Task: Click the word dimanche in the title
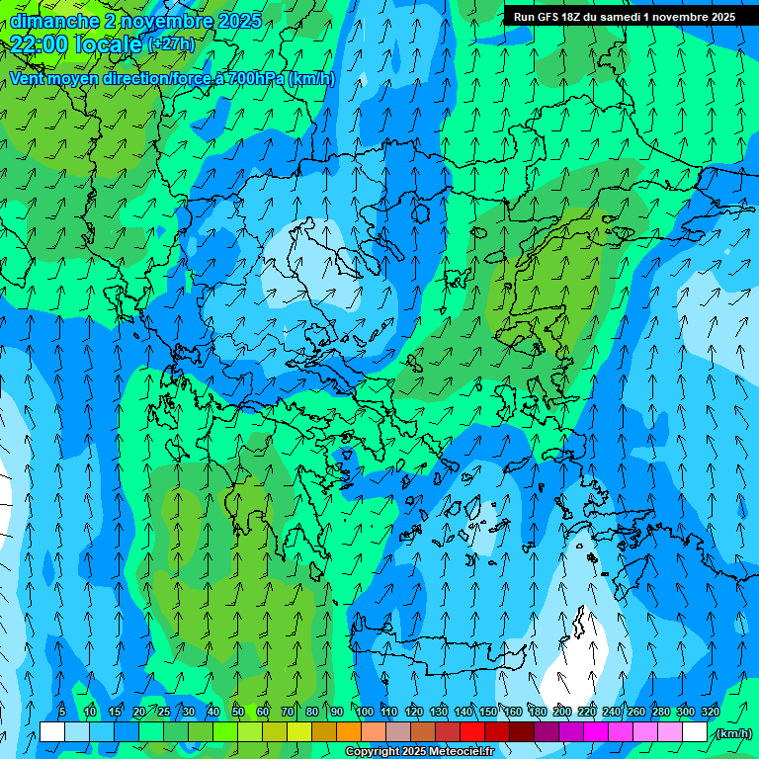click(53, 20)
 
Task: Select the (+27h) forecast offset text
click(171, 44)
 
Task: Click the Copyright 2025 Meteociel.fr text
click(419, 752)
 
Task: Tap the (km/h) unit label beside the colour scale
click(732, 733)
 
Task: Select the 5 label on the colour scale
click(63, 713)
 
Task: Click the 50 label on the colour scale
click(237, 713)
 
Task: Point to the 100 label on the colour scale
click(365, 713)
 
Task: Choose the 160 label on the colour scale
click(513, 713)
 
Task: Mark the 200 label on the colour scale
click(562, 713)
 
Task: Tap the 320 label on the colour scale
click(711, 713)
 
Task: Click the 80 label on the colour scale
click(311, 713)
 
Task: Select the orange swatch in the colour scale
click(348, 732)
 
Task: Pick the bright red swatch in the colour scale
click(471, 732)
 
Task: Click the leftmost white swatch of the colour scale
click(51, 732)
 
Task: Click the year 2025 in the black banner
click(714, 17)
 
